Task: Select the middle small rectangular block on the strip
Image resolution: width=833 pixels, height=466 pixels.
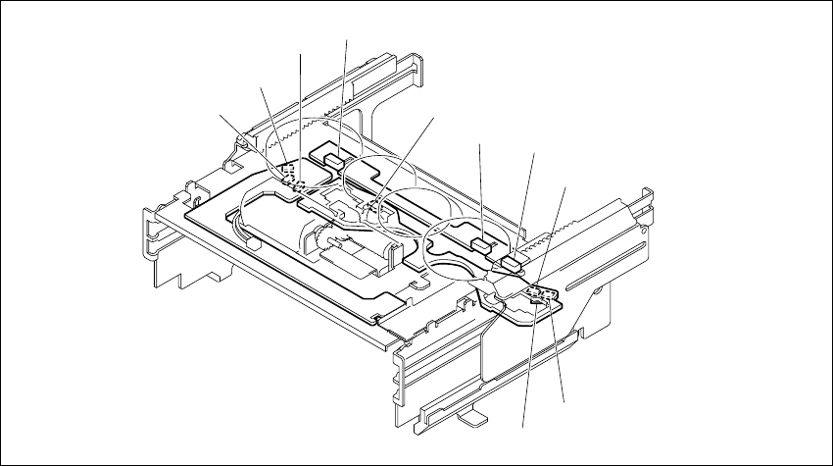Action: pos(478,245)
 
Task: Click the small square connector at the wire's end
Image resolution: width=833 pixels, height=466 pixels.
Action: pos(369,208)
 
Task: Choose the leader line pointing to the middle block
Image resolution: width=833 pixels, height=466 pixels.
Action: pos(479,191)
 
